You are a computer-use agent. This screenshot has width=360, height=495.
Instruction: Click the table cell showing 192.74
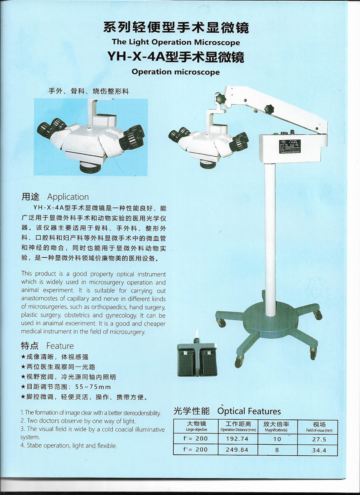pyautogui.click(x=237, y=439)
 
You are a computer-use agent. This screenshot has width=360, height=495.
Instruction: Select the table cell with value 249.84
pyautogui.click(x=237, y=450)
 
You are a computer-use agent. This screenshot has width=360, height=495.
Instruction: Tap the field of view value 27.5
pyautogui.click(x=319, y=439)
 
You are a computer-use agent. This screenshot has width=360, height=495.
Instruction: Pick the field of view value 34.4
pyautogui.click(x=319, y=450)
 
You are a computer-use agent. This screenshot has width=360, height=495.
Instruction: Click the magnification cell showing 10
pyautogui.click(x=277, y=439)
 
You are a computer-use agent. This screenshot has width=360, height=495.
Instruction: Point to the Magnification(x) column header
pyautogui.click(x=276, y=430)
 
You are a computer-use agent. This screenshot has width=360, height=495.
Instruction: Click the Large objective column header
pyautogui.click(x=196, y=430)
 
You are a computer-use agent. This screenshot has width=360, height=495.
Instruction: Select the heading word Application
pyautogui.click(x=68, y=197)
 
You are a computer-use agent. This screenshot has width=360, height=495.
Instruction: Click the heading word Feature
pyautogui.click(x=60, y=346)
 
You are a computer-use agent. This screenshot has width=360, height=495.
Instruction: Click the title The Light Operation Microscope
pyautogui.click(x=175, y=42)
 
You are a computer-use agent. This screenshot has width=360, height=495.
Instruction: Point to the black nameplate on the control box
pyautogui.click(x=290, y=146)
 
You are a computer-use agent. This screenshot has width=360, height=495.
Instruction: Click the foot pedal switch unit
pyautogui.click(x=197, y=358)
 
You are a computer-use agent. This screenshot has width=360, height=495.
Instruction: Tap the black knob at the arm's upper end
pyautogui.click(x=221, y=98)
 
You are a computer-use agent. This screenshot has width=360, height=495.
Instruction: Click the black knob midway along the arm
pyautogui.click(x=269, y=109)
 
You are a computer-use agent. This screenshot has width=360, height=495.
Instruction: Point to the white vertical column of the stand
pyautogui.click(x=270, y=240)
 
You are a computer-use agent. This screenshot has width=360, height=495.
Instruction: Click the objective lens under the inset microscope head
pyautogui.click(x=90, y=167)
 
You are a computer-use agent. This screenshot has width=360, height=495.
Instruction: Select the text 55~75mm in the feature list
pyautogui.click(x=93, y=387)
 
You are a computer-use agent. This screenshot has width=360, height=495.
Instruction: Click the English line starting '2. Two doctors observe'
pyautogui.click(x=78, y=421)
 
